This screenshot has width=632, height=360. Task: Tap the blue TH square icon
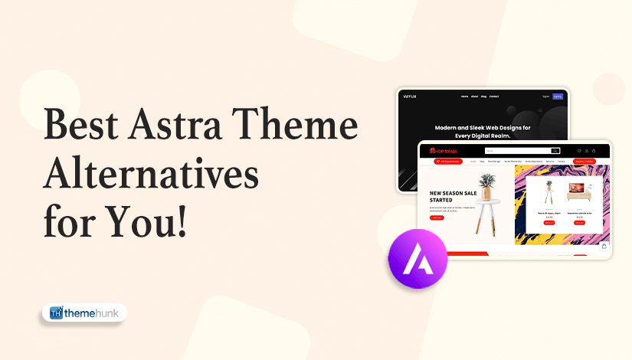pos(55,313)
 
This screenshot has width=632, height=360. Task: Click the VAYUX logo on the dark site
pos(410,97)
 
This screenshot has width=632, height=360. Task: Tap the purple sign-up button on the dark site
pos(557,97)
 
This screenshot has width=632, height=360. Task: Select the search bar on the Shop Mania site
pos(522,151)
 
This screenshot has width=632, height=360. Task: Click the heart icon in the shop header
pos(579,151)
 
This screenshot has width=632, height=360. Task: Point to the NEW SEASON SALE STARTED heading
pos(451,197)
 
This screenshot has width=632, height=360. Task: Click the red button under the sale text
pos(437,218)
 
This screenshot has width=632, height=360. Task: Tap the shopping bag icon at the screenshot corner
pos(604,247)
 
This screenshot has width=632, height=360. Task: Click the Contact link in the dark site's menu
pos(494,97)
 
